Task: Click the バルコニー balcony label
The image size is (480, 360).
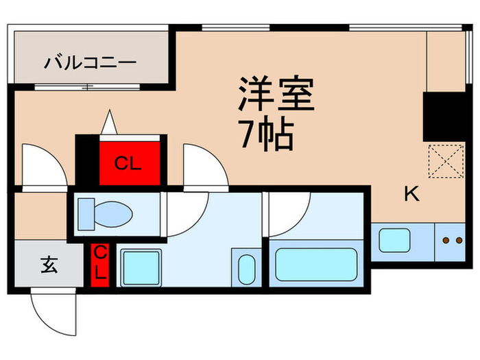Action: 91,64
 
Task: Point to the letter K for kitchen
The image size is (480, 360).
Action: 411,195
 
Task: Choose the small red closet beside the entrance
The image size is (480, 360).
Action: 100,264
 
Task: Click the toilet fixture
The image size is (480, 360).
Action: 103,213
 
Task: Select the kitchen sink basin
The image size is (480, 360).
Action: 396,241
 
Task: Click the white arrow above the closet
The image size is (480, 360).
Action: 108,123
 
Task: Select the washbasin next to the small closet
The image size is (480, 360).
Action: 141,266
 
